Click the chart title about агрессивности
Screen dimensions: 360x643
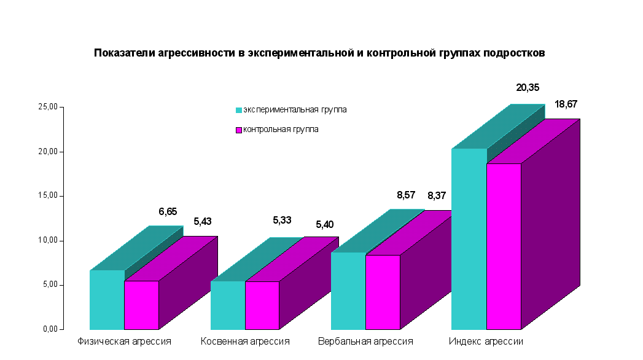319,53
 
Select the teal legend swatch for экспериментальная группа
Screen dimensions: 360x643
239,111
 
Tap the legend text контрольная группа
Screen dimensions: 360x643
281,130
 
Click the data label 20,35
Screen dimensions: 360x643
528,88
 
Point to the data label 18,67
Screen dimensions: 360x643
566,104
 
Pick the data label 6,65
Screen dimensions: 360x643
168,211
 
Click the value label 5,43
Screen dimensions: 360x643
202,221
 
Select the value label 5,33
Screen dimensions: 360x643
283,219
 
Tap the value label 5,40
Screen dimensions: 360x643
324,225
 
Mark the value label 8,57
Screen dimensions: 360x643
407,195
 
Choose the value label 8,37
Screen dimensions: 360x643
437,196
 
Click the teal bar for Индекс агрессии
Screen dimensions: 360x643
469,240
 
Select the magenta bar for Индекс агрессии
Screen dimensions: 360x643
504,246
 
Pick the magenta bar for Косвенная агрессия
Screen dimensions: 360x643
262,305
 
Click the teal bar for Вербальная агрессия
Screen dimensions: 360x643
348,291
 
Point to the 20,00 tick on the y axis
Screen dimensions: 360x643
49,151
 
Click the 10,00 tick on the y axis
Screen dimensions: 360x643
49,240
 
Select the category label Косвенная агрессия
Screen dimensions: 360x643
245,341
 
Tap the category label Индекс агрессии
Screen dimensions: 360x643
486,341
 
